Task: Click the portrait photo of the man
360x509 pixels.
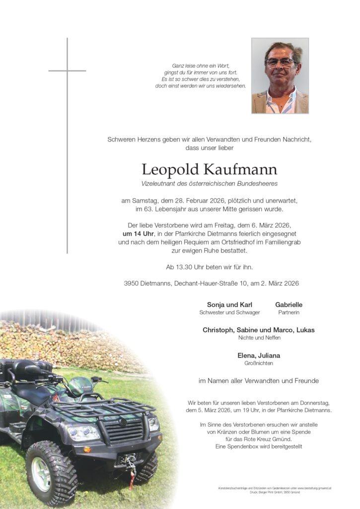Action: [x=280, y=75]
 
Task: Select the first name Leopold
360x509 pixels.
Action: [x=170, y=170]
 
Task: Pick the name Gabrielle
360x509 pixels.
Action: [x=288, y=305]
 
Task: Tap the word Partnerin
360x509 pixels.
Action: [x=288, y=313]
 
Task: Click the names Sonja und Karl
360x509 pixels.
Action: [x=229, y=305]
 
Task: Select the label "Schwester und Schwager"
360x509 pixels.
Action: [x=229, y=313]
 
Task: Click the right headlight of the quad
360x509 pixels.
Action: [x=153, y=424]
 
